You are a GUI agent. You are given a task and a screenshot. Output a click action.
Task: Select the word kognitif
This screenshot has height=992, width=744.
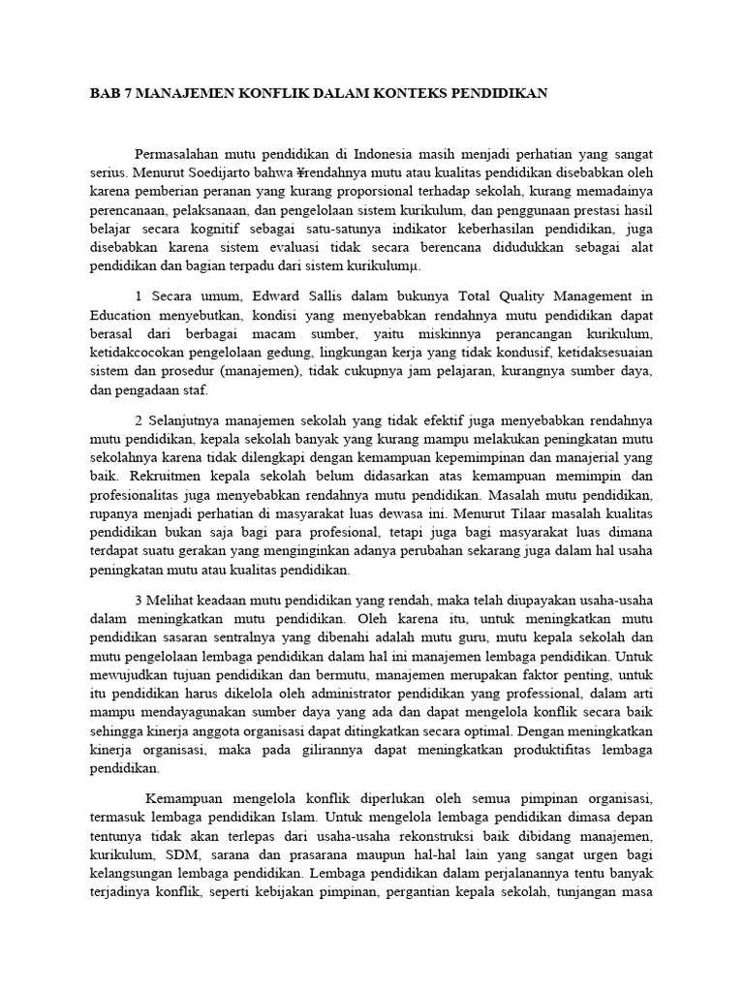coord(209,229)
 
